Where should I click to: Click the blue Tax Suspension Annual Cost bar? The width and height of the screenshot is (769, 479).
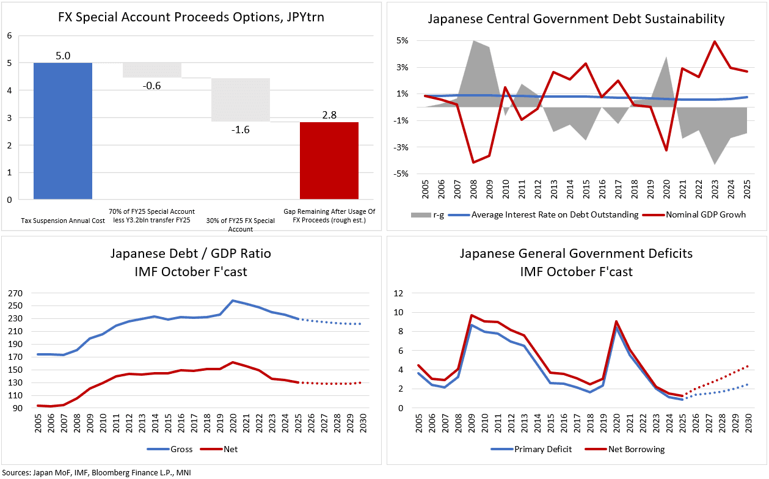point(63,131)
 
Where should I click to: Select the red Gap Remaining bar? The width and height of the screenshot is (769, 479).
point(329,161)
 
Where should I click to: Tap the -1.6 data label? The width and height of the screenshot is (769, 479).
point(241,130)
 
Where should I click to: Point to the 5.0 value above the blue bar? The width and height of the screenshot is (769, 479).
point(63,56)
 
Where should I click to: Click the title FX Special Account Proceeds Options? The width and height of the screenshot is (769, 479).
point(191,17)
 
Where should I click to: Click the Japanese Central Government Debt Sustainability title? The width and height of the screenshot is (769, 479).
point(576,19)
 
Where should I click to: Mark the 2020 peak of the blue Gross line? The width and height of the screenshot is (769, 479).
point(232,301)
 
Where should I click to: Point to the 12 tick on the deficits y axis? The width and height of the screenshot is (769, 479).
point(398,293)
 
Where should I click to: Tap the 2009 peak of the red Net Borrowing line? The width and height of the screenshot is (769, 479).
point(472,315)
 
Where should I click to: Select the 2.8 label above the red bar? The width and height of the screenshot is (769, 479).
point(329,114)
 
